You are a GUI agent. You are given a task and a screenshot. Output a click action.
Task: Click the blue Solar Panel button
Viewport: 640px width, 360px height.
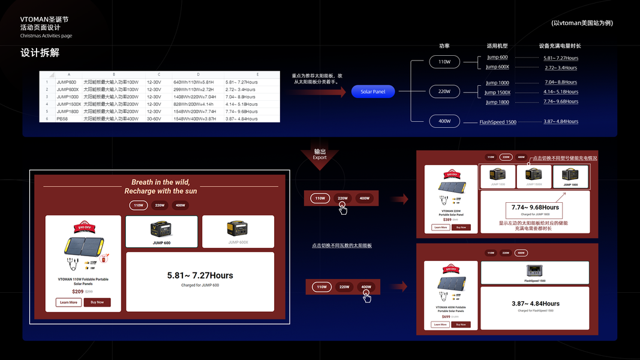pos(372,92)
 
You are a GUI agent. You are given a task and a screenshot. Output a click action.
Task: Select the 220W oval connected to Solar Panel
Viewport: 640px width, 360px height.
pos(444,92)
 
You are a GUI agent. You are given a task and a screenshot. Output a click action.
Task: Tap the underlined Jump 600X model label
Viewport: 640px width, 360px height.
pos(497,67)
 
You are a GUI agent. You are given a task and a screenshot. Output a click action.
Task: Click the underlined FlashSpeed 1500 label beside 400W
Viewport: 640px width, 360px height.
pos(497,122)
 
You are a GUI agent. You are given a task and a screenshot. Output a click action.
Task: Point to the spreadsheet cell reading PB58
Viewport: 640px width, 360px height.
pos(62,119)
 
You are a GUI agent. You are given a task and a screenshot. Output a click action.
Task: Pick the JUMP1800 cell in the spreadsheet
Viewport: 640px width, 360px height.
pos(68,112)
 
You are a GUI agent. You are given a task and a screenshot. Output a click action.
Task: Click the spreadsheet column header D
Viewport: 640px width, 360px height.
pos(198,74)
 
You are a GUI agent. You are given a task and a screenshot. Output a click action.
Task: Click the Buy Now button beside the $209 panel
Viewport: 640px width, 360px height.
pos(97,302)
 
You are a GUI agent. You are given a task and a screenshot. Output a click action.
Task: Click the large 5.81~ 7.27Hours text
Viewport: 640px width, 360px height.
pos(200,275)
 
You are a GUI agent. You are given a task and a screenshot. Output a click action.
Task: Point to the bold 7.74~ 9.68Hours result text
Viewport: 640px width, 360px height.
pos(535,207)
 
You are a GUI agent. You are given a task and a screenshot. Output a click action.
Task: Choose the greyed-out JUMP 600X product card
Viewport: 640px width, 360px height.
pos(238,232)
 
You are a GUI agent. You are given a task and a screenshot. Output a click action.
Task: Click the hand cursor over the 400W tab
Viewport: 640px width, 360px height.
pos(366,296)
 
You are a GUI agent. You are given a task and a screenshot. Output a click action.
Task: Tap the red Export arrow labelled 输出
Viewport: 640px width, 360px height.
pos(320,157)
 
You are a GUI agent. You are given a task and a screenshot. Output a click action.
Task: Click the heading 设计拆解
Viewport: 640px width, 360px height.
pos(40,53)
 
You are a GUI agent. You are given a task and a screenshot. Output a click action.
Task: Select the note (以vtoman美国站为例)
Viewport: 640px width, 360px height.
pos(582,23)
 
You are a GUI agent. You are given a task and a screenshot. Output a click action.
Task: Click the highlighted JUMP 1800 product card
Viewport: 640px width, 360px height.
pos(570,176)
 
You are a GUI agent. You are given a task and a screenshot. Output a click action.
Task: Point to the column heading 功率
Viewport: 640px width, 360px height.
pos(444,46)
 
